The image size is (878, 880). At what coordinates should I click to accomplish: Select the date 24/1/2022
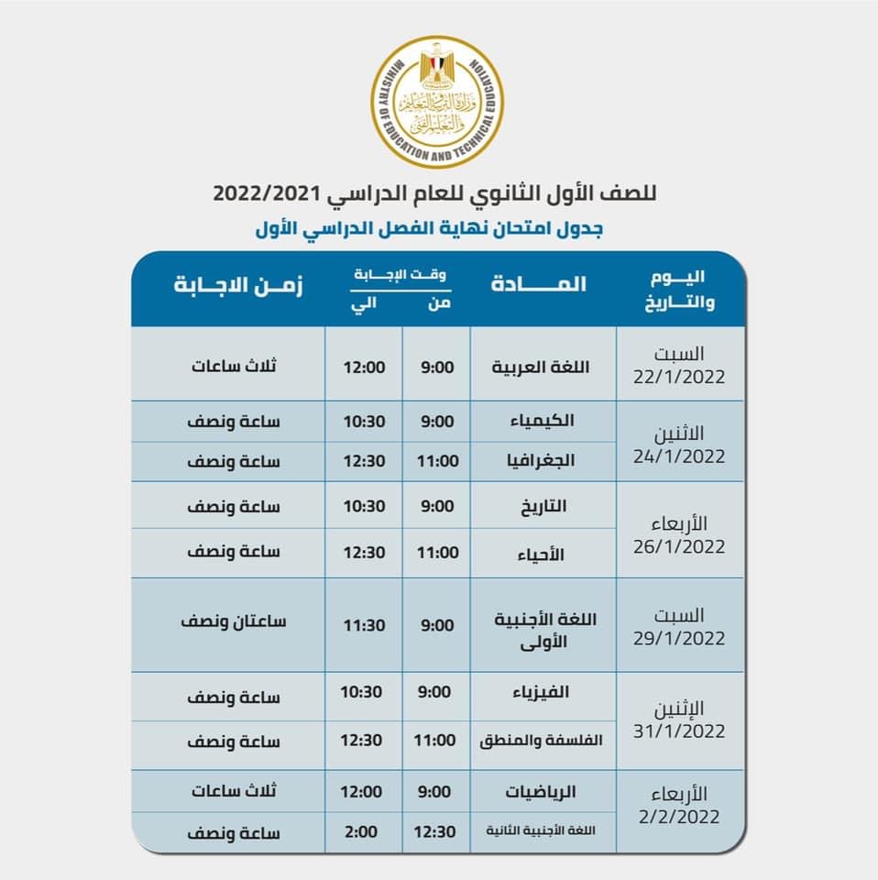[678, 456]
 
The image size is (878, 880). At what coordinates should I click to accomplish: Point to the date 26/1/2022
[678, 546]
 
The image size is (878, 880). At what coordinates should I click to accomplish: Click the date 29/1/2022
[678, 637]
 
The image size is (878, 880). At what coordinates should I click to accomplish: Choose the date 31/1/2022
[678, 731]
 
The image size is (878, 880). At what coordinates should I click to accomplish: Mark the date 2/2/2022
[678, 816]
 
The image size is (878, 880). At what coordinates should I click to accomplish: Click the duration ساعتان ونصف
[235, 621]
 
